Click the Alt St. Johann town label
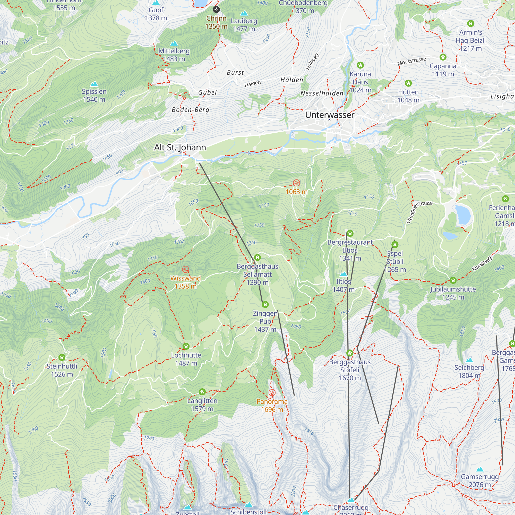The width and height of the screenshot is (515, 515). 180,147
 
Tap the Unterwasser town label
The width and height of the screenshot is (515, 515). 330,115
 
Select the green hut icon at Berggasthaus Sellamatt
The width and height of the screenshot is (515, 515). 257,257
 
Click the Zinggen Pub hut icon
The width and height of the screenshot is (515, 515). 265,304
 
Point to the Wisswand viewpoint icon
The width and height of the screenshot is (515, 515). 185,269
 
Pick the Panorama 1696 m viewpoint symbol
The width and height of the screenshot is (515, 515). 272,393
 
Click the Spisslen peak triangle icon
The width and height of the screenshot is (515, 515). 94,84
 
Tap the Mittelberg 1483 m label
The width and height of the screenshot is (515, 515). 174,55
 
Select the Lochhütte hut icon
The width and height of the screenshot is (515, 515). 186,346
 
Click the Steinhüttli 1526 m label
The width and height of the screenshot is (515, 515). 62,370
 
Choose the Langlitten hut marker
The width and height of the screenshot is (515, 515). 202,392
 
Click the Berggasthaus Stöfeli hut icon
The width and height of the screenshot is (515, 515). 350,353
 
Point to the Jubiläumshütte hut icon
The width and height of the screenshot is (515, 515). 453,280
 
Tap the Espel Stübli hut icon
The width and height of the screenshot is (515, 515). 395,244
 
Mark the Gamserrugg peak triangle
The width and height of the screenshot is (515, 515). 479,469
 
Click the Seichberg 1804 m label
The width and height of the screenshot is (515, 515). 469,371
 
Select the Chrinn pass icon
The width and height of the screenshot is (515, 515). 216,10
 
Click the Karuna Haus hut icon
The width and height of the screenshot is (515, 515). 360,65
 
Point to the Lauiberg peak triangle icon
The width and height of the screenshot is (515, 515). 244,13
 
